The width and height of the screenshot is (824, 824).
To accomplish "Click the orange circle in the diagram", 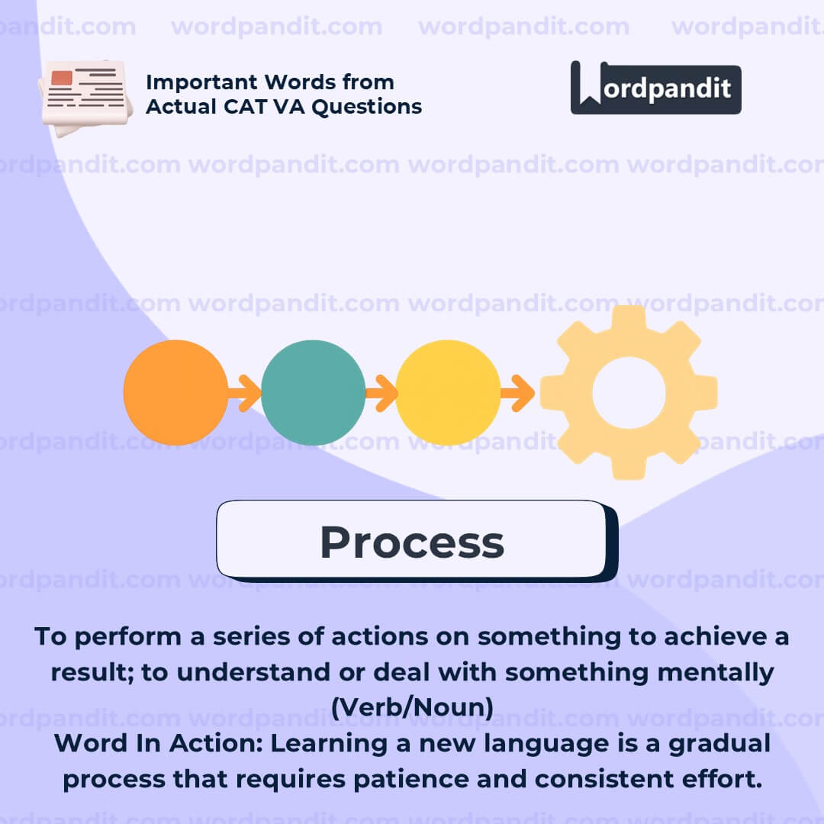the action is click(x=176, y=393).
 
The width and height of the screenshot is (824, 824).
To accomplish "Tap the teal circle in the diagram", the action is click(x=314, y=393).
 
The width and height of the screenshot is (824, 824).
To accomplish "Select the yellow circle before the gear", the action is click(x=448, y=393).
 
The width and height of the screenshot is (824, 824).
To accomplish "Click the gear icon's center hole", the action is click(x=629, y=393).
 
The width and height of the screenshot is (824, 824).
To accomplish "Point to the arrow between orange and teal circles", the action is click(x=245, y=393).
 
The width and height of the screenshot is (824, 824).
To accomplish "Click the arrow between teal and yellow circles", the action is click(x=381, y=393).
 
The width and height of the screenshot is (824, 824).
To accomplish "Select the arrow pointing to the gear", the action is click(x=517, y=393).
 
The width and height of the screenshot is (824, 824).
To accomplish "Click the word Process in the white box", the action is click(x=413, y=542).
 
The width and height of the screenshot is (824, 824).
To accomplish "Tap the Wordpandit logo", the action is click(x=656, y=88).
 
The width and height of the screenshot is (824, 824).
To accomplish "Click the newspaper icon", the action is click(x=85, y=97).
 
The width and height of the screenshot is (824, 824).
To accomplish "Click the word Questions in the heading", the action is click(x=367, y=107).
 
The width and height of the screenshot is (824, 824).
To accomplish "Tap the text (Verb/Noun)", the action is click(x=413, y=707).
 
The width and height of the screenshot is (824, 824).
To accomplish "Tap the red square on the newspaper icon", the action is click(x=62, y=79).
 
